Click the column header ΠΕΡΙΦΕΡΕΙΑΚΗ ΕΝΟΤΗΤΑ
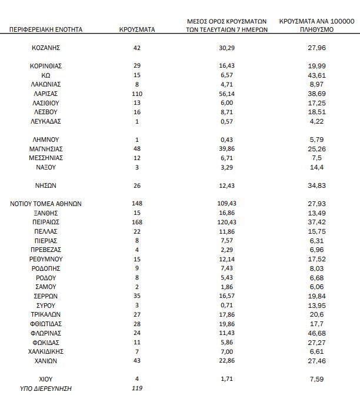point(46,29)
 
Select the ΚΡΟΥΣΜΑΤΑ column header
point(137,29)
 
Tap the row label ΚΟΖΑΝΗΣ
point(46,48)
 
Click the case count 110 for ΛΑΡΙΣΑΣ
point(137,94)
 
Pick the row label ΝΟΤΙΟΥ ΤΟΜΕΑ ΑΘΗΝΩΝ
point(46,204)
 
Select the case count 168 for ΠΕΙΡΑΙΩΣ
point(137,222)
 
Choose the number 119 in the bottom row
point(137,389)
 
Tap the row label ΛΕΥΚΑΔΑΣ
point(46,121)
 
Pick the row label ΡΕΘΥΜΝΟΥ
point(46,258)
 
